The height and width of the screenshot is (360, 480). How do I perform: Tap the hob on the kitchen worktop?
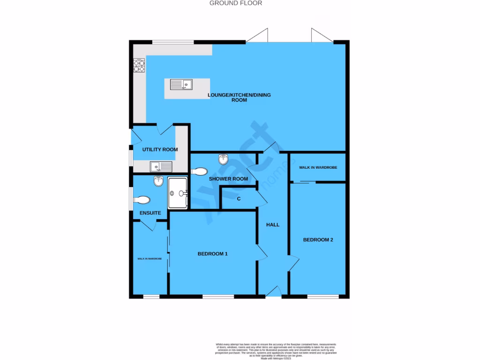139,66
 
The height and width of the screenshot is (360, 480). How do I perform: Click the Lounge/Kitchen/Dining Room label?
239,97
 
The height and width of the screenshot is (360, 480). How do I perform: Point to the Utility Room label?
160,150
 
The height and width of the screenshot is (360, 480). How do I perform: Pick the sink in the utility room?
161,166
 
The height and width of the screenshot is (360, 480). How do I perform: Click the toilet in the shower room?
200,171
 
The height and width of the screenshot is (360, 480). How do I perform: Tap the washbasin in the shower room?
224,160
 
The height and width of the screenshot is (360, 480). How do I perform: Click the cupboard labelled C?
239,199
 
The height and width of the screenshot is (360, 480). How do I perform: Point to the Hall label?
273,225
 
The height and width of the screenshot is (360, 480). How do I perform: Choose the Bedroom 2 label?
318,240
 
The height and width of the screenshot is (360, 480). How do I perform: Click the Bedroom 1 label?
212,254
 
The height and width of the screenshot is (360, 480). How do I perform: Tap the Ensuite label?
150,213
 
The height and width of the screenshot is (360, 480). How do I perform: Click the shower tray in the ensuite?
178,193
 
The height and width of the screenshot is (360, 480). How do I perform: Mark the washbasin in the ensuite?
157,181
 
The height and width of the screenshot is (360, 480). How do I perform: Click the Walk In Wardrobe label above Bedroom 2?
318,168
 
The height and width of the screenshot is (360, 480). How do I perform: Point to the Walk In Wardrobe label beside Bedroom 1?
150,259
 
